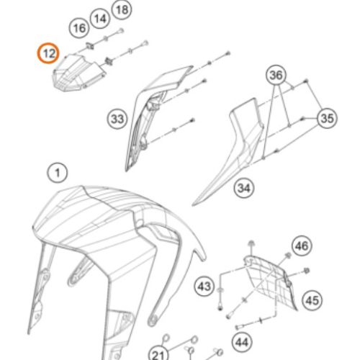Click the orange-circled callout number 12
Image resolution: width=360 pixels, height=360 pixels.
48,53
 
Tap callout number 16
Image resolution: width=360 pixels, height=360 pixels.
79,28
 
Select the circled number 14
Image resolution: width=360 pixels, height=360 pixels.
100,19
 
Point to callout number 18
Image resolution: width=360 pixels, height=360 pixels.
122,10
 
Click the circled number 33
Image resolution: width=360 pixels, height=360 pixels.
117,119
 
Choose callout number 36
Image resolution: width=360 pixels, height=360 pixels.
276,75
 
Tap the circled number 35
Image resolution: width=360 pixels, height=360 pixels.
327,118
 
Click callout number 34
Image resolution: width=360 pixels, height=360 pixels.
244,188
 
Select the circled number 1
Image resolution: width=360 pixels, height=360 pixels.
58,173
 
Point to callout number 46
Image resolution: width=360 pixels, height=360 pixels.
302,246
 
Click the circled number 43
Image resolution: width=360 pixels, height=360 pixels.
204,287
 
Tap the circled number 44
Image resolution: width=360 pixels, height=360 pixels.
242,342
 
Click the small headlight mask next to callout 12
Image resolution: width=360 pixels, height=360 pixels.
78,73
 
